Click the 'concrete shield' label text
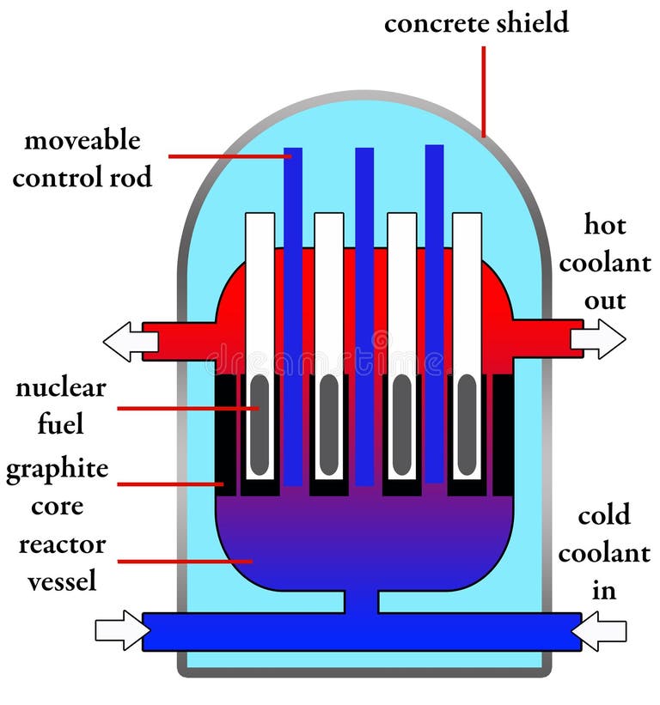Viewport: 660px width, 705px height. click(x=476, y=23)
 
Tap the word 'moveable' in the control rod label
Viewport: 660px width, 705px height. click(x=82, y=140)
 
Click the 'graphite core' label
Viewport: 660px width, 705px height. click(x=58, y=487)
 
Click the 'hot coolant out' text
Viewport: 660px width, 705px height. click(x=605, y=263)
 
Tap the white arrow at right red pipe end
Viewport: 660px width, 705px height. click(x=598, y=339)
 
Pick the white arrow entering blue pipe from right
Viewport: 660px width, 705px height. click(x=599, y=631)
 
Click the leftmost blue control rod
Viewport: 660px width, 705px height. click(x=293, y=309)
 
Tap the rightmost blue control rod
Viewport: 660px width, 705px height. click(x=435, y=309)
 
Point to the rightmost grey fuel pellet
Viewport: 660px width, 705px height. click(x=467, y=425)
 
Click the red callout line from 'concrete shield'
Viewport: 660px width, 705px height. click(x=484, y=91)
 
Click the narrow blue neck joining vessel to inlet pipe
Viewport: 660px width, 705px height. click(x=365, y=601)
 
